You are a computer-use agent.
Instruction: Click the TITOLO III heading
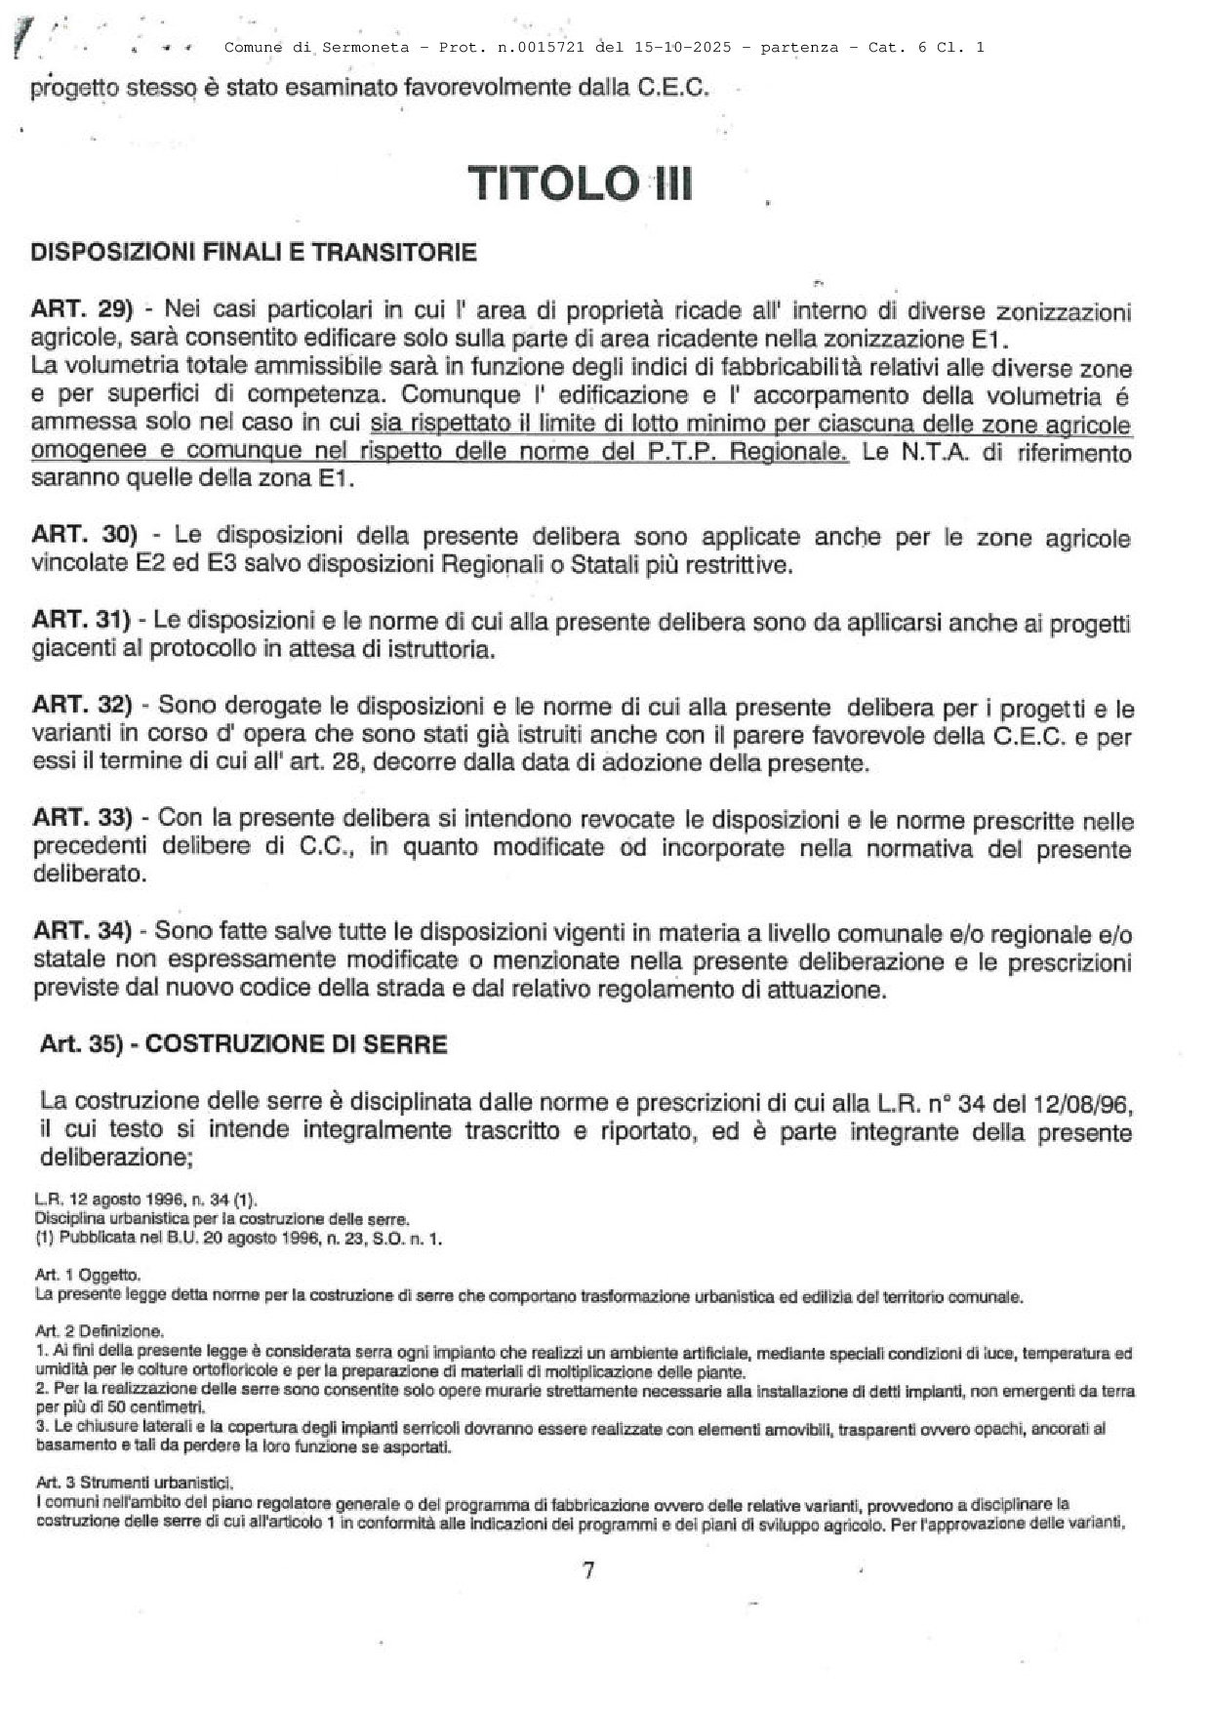(581, 183)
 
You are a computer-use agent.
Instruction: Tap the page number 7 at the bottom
(588, 1570)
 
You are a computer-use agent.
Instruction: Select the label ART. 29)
(81, 309)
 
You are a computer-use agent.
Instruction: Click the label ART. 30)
(84, 535)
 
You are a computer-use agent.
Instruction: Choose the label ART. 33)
(82, 817)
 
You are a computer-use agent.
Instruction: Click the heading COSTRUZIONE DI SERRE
(296, 1044)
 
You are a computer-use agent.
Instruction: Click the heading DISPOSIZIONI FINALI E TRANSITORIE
(254, 253)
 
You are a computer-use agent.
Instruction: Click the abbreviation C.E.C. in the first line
(673, 88)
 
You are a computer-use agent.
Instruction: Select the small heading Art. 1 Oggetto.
(88, 1275)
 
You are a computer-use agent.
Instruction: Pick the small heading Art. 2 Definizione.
(99, 1330)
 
